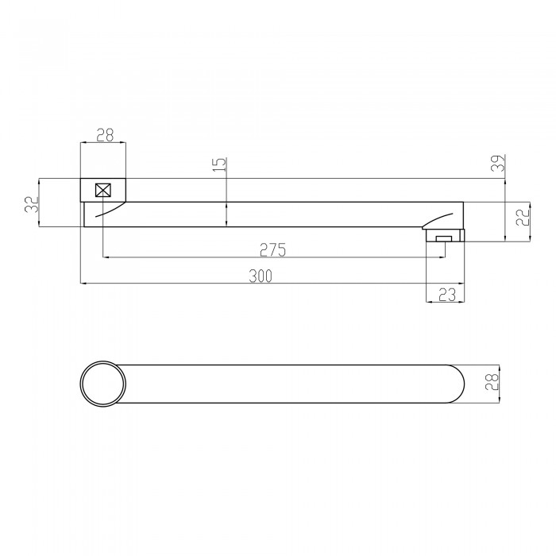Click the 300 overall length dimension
[x=261, y=276]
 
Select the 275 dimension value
[x=272, y=250]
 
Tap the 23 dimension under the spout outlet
[x=446, y=295]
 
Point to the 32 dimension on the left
[x=32, y=204]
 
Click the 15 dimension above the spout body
[x=220, y=164]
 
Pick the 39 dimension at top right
[x=498, y=163]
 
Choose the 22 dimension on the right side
[x=523, y=218]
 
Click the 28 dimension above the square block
[x=105, y=135]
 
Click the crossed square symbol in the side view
[x=102, y=191]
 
